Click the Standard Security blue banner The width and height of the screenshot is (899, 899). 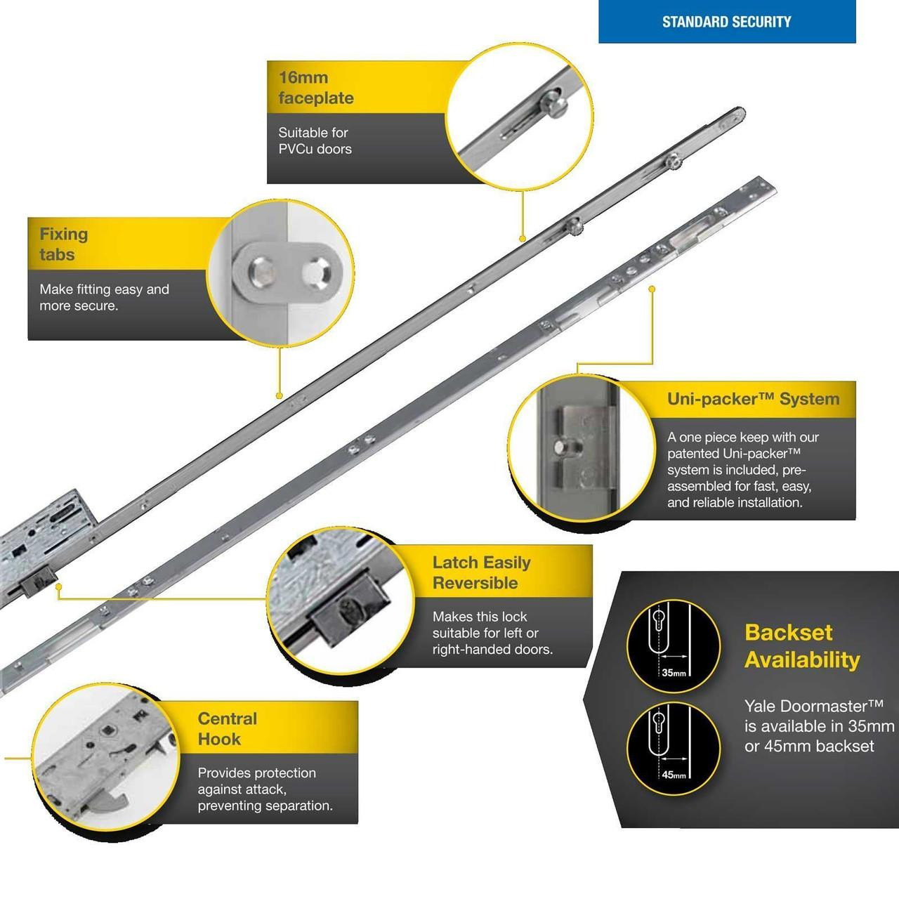(726, 22)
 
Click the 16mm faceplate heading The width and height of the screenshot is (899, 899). (315, 88)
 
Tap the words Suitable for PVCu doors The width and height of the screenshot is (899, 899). (314, 140)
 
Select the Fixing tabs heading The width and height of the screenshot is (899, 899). (63, 244)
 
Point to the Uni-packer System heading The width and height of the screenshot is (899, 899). (753, 399)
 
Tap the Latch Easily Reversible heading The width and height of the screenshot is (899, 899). (482, 572)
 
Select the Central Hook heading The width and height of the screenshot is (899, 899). (228, 728)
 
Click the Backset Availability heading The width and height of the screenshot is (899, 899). (801, 646)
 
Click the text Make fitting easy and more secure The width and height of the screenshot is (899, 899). (104, 297)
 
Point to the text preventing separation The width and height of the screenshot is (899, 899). (265, 806)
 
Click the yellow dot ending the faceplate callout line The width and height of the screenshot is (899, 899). (523, 239)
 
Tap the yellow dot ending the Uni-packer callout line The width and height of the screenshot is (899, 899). (652, 288)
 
